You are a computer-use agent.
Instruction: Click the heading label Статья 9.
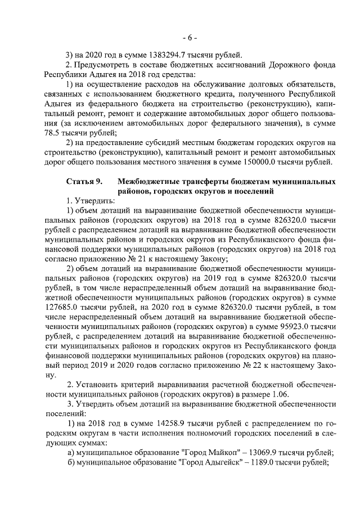click(x=84, y=182)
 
